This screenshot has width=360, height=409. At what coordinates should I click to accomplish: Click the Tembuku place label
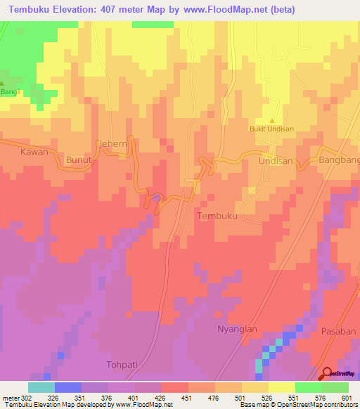click(x=219, y=216)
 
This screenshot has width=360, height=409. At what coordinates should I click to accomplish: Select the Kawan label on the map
click(x=34, y=152)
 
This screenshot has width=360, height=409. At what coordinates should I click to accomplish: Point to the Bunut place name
click(x=79, y=161)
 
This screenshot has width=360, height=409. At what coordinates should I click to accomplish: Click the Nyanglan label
click(x=236, y=329)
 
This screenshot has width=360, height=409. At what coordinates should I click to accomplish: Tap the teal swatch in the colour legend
click(x=41, y=387)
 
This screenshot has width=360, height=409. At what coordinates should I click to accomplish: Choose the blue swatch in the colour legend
click(x=67, y=387)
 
